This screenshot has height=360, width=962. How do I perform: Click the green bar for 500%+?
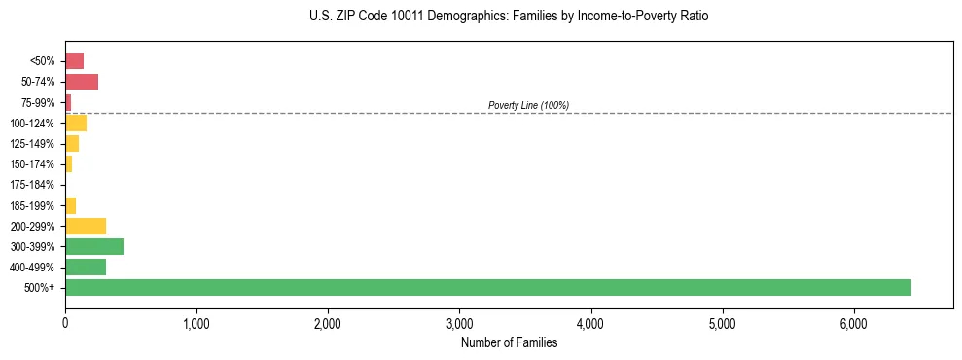[487, 287]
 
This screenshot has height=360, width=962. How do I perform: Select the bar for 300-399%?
[94, 246]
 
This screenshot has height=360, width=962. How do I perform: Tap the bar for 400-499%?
[86, 267]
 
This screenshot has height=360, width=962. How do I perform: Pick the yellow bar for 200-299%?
[86, 226]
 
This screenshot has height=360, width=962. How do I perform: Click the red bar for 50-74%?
[82, 82]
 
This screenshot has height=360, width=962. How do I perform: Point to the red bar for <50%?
[74, 60]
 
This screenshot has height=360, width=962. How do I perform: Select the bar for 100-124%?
[76, 123]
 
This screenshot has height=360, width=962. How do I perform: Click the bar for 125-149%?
[72, 143]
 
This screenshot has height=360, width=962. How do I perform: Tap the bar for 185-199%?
[70, 205]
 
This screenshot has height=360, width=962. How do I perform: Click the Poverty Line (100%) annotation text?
[528, 105]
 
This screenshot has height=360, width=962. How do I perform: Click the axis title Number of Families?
[509, 342]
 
